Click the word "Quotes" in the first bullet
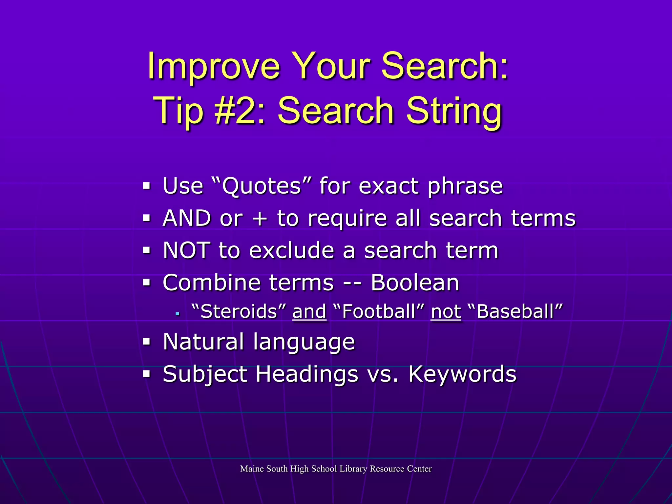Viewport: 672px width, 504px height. [262, 186]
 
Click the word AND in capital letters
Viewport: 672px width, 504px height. [187, 218]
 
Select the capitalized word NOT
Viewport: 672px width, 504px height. [187, 250]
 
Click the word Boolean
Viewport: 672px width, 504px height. [415, 283]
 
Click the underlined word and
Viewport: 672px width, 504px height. [309, 312]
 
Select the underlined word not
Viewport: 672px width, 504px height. [446, 312]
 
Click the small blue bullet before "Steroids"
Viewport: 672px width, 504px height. [178, 314]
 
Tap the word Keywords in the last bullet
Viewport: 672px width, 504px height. [462, 374]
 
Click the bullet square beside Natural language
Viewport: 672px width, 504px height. [146, 342]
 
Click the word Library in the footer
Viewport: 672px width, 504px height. [353, 469]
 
